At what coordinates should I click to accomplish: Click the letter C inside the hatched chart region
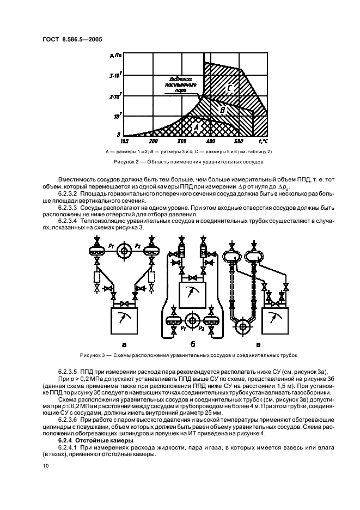point(230,88)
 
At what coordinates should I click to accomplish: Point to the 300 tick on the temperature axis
point(182,141)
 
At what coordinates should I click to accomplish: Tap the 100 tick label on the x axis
point(124,141)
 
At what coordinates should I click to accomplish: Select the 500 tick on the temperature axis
point(240,141)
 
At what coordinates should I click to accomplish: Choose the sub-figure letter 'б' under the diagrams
point(192,344)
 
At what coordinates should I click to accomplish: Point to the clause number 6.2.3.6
point(70,420)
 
